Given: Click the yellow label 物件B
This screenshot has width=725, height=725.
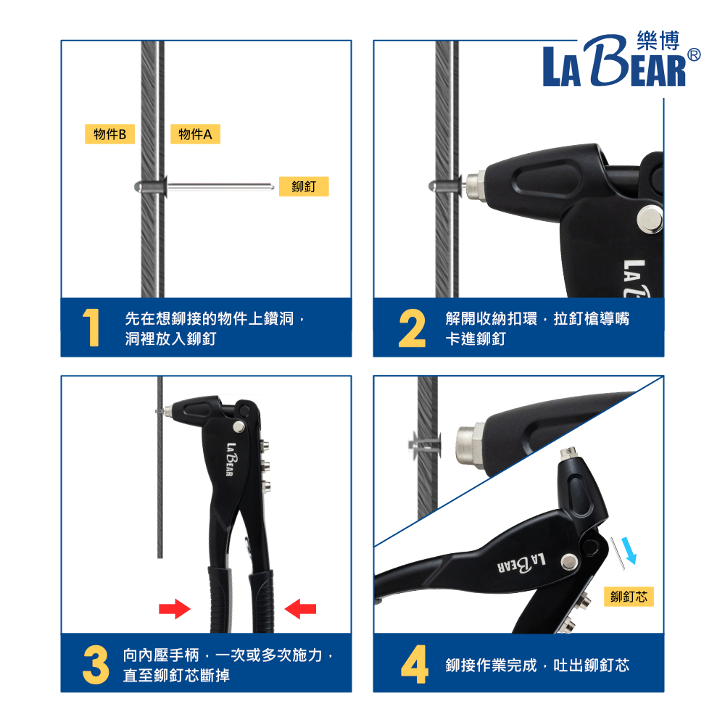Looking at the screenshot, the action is (109, 134).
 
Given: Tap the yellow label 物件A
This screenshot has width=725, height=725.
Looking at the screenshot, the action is (195, 134).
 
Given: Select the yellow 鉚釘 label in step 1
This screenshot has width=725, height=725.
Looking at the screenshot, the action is (304, 187).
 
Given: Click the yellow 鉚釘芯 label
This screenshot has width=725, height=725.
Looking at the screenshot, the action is (629, 597).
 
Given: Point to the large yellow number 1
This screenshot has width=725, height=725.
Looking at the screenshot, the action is (91, 328).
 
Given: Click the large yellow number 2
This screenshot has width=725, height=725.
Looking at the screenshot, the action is (412, 328).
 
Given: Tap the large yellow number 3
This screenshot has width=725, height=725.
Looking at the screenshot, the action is (96, 665).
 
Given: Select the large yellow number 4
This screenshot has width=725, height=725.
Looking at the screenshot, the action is (414, 664).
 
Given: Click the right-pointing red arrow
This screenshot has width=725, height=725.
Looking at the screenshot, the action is (174, 609).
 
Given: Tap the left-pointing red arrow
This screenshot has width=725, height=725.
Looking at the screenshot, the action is (301, 609).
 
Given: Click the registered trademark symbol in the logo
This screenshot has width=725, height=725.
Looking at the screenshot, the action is (694, 55).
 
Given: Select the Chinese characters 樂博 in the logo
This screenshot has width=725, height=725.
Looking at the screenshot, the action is (658, 41).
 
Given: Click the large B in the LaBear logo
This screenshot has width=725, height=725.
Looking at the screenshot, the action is (605, 60).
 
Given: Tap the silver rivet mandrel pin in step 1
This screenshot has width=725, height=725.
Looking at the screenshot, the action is (220, 187).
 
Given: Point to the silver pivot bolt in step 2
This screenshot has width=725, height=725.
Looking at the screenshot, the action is (650, 219).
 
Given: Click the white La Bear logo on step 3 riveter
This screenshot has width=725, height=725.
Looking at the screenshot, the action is (231, 459).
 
